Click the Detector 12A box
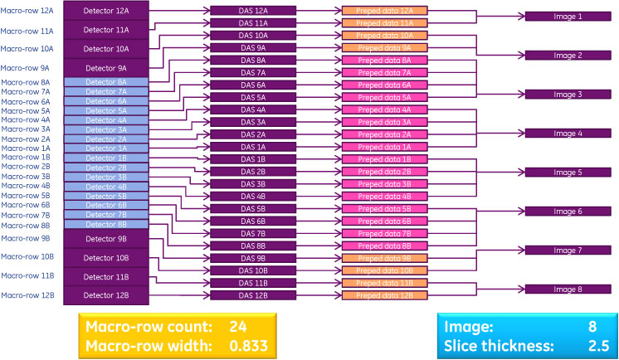click(x=106, y=11)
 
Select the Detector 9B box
click(x=106, y=238)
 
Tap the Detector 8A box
click(x=106, y=83)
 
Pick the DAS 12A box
click(x=253, y=11)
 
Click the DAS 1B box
click(x=253, y=158)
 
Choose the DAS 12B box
click(x=253, y=295)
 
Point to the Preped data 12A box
click(x=385, y=11)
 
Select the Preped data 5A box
click(x=385, y=97)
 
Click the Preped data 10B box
click(x=385, y=270)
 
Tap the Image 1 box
click(x=568, y=17)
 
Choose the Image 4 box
click(x=568, y=134)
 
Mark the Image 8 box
click(x=568, y=289)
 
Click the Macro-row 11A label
click(x=26, y=31)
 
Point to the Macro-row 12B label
click(x=26, y=295)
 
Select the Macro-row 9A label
click(x=26, y=68)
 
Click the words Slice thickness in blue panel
click(x=488, y=344)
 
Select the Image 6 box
click(x=568, y=212)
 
